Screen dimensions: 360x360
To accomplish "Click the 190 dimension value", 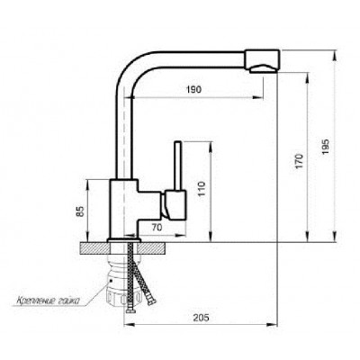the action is click(x=194, y=89).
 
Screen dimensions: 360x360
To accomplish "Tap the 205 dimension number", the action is click(x=201, y=318).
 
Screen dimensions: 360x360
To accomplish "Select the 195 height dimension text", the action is click(x=326, y=147).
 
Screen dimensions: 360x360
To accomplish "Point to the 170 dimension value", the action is click(x=300, y=161).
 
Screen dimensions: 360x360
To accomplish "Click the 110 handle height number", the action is click(x=202, y=189).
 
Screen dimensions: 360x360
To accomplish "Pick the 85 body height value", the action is click(x=80, y=211).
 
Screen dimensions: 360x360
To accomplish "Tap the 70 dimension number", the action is click(x=157, y=228).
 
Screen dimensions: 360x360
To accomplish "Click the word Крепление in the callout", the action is click(x=36, y=300).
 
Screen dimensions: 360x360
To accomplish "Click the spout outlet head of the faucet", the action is click(x=263, y=61).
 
